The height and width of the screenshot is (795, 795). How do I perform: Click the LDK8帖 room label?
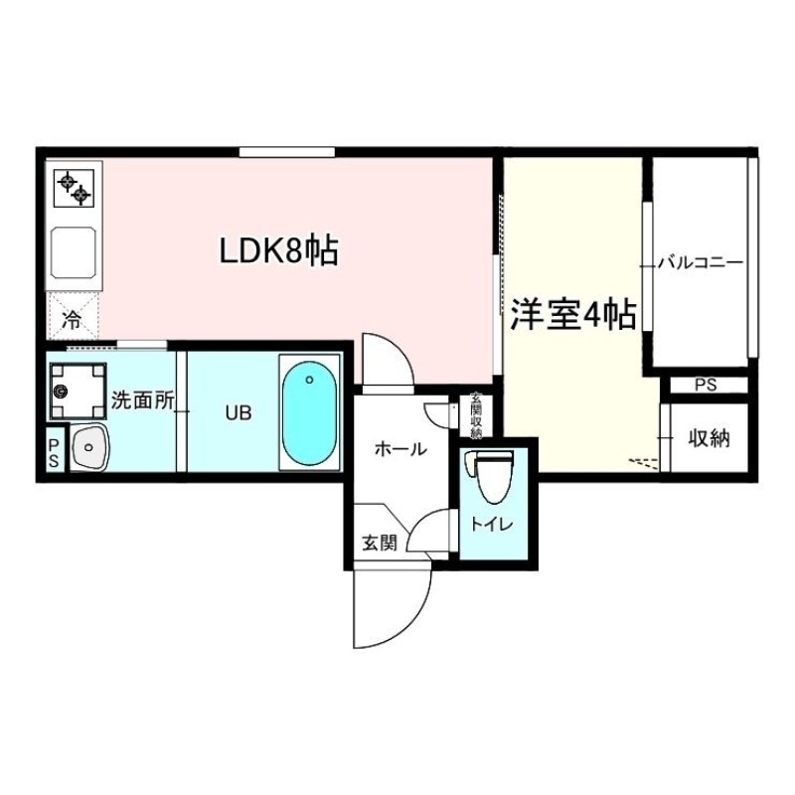tap(278, 250)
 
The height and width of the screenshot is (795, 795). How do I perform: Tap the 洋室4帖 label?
tap(573, 316)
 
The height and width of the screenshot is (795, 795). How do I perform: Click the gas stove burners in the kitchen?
tap(74, 186)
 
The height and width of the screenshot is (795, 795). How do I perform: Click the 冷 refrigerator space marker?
tap(73, 319)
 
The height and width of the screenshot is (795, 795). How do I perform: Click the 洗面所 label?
tap(142, 401)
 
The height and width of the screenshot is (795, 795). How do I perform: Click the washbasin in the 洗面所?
tap(89, 448)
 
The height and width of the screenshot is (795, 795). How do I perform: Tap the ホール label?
tap(400, 449)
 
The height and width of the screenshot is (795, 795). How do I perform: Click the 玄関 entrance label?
tap(379, 543)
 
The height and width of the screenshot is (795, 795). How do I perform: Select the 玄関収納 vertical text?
tap(476, 416)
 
